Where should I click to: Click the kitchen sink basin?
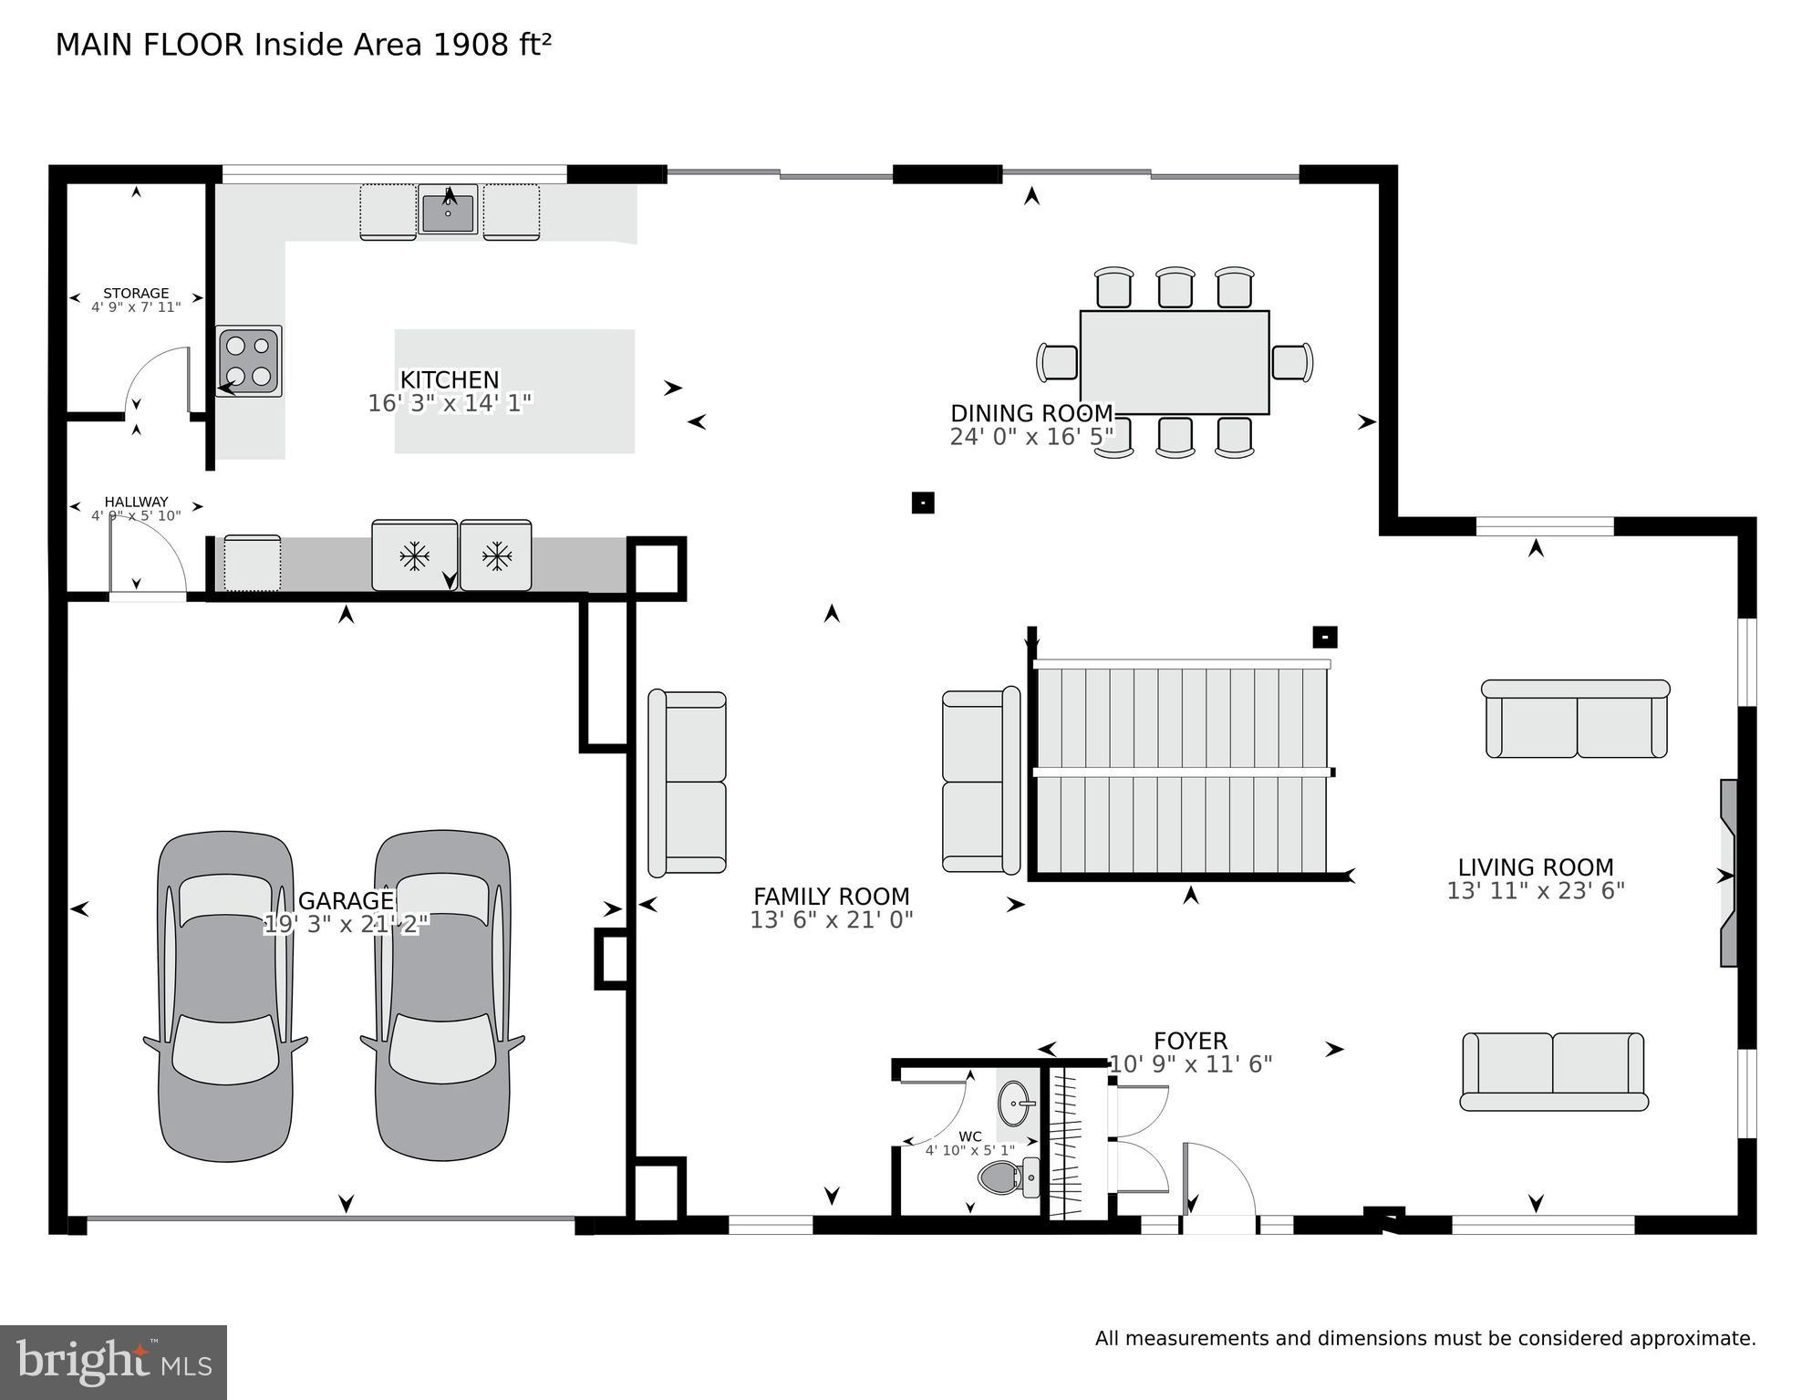(x=448, y=213)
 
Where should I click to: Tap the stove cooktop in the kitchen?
(x=249, y=360)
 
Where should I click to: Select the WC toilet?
(x=1003, y=1177)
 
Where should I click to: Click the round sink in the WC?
(x=1015, y=1104)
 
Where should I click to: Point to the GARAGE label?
(x=346, y=901)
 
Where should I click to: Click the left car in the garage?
(x=225, y=996)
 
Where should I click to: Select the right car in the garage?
(x=442, y=996)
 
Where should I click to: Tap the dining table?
(x=1174, y=362)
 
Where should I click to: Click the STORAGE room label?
(x=136, y=293)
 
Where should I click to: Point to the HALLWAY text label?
(x=136, y=502)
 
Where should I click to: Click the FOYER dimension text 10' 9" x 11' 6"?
(x=1190, y=1064)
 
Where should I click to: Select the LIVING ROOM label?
(x=1535, y=867)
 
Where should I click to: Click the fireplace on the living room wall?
(x=1728, y=873)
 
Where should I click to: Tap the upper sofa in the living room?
(x=1576, y=720)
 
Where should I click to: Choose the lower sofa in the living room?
(x=1553, y=1072)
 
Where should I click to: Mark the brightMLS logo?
(x=113, y=1362)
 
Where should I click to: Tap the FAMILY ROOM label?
(x=831, y=897)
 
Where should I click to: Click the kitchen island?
(x=514, y=391)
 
